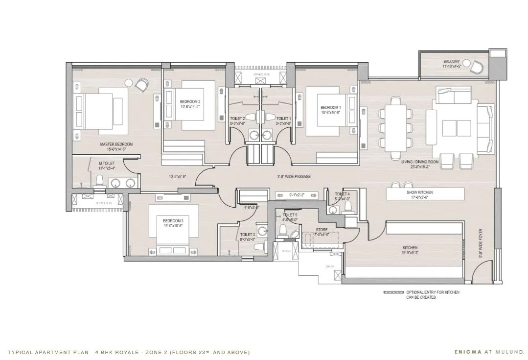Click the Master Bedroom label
(x=116, y=144)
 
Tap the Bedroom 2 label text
(x=190, y=102)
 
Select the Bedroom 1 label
(x=330, y=107)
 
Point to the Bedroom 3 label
(x=173, y=221)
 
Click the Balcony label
(x=451, y=61)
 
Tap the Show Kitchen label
(x=419, y=192)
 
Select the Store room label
(x=321, y=230)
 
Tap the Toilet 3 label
(x=247, y=235)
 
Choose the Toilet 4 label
(x=342, y=194)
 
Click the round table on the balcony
(x=467, y=63)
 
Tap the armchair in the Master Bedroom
(x=141, y=85)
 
